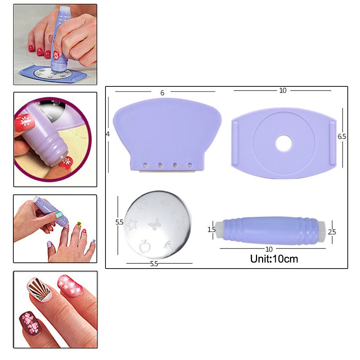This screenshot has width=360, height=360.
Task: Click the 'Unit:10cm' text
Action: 274,258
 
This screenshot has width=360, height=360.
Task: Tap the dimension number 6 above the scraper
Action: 162,93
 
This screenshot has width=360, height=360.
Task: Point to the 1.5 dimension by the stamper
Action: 212,229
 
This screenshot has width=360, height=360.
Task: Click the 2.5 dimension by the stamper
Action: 332,232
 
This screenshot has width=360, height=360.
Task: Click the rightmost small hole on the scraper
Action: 190,165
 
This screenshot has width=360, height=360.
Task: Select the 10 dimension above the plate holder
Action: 283,90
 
